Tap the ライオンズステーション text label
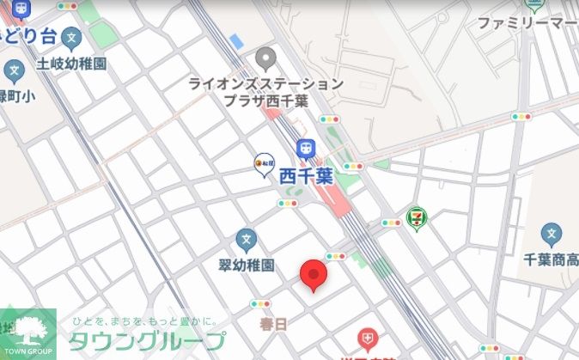pyautogui.click(x=266, y=84)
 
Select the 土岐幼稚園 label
pyautogui.click(x=71, y=64)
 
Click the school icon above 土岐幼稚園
pyautogui.click(x=72, y=40)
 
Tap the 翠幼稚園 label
pyautogui.click(x=245, y=265)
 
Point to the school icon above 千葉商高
pyautogui.click(x=552, y=233)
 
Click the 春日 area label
pyautogui.click(x=271, y=323)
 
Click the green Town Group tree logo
pyautogui.click(x=27, y=332)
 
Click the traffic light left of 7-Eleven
pyautogui.click(x=392, y=223)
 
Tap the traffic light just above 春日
pyautogui.click(x=260, y=304)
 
